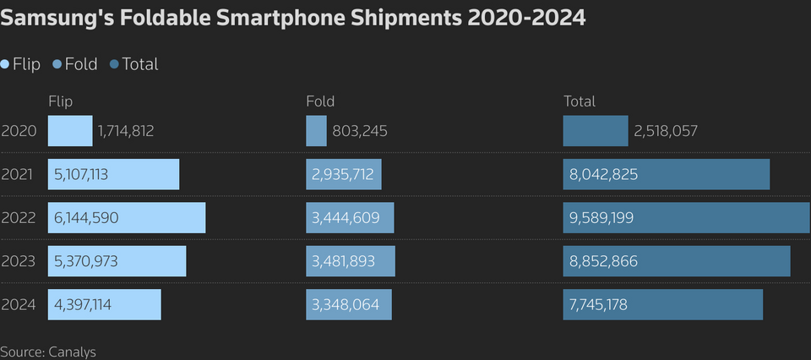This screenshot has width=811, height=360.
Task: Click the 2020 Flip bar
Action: [69, 131]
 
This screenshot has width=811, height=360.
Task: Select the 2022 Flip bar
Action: [127, 218]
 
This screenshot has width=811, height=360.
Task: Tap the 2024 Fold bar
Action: [349, 304]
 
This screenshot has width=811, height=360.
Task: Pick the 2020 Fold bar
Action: [316, 131]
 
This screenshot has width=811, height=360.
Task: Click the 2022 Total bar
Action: [686, 218]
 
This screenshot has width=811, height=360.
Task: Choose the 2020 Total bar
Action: [596, 131]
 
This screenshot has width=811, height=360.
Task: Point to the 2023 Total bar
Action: [677, 261]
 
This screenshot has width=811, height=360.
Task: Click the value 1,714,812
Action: [126, 132]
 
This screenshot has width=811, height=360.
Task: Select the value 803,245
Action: [360, 132]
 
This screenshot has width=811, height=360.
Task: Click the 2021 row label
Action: [18, 175]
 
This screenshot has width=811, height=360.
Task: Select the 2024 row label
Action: [18, 305]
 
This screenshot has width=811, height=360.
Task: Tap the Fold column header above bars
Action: [320, 101]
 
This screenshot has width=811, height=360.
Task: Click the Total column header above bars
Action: [580, 101]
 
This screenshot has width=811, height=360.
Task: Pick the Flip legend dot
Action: [5, 64]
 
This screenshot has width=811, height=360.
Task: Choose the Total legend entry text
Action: [140, 64]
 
